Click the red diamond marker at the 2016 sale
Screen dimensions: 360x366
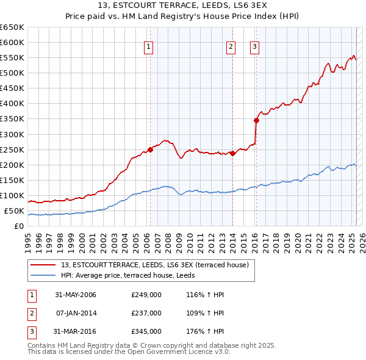(x=256, y=120)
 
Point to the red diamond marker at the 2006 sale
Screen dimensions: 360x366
(x=150, y=149)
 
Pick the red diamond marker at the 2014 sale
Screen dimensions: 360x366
(x=232, y=153)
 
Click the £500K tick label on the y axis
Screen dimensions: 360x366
(x=12, y=73)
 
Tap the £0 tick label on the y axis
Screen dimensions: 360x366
(x=19, y=226)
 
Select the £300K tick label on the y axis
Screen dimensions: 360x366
(x=12, y=134)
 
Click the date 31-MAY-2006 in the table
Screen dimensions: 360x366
(x=75, y=295)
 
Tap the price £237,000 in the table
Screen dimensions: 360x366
(x=146, y=313)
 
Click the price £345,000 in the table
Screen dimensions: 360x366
(x=146, y=331)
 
